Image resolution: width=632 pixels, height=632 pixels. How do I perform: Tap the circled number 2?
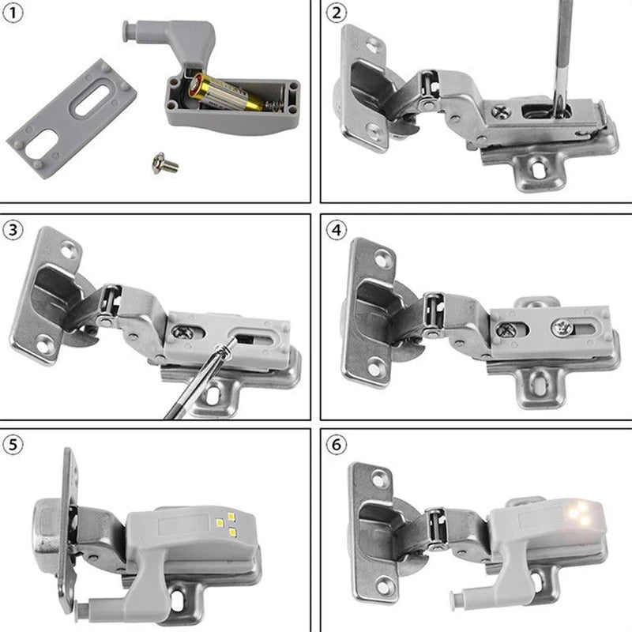337,13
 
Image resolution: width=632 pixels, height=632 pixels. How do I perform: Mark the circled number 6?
337,445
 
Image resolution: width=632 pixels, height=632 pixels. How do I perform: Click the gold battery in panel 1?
225,94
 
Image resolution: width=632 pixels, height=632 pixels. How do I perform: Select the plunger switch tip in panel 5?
85,608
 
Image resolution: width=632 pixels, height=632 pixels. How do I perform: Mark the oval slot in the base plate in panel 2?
537,168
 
